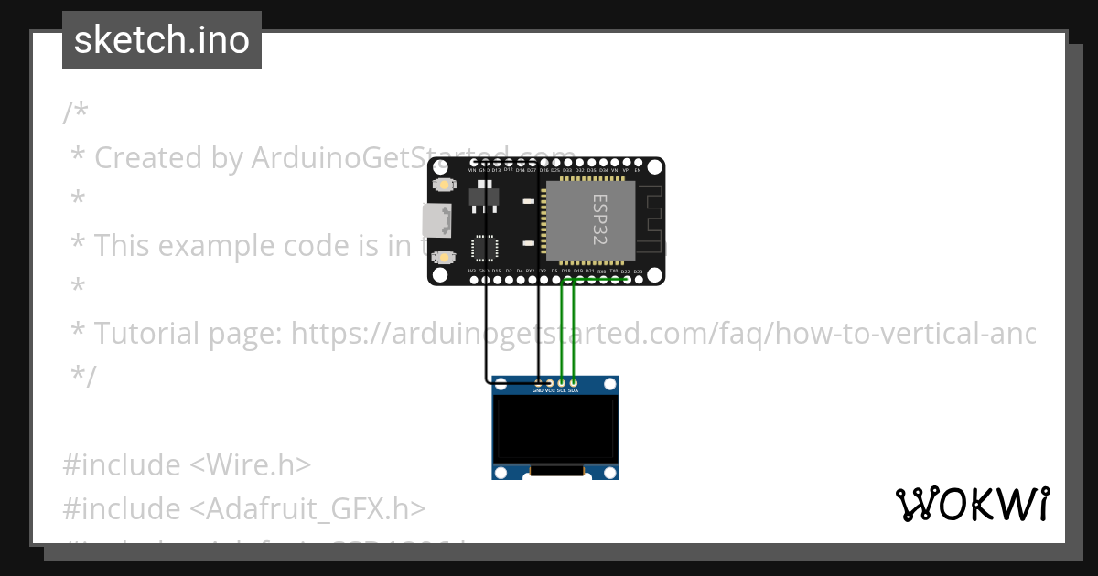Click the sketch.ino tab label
click(161, 40)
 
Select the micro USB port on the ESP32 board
click(436, 220)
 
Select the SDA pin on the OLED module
click(574, 383)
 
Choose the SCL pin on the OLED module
click(562, 383)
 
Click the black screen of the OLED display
click(555, 429)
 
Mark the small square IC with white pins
click(484, 248)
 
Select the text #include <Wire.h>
click(187, 464)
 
